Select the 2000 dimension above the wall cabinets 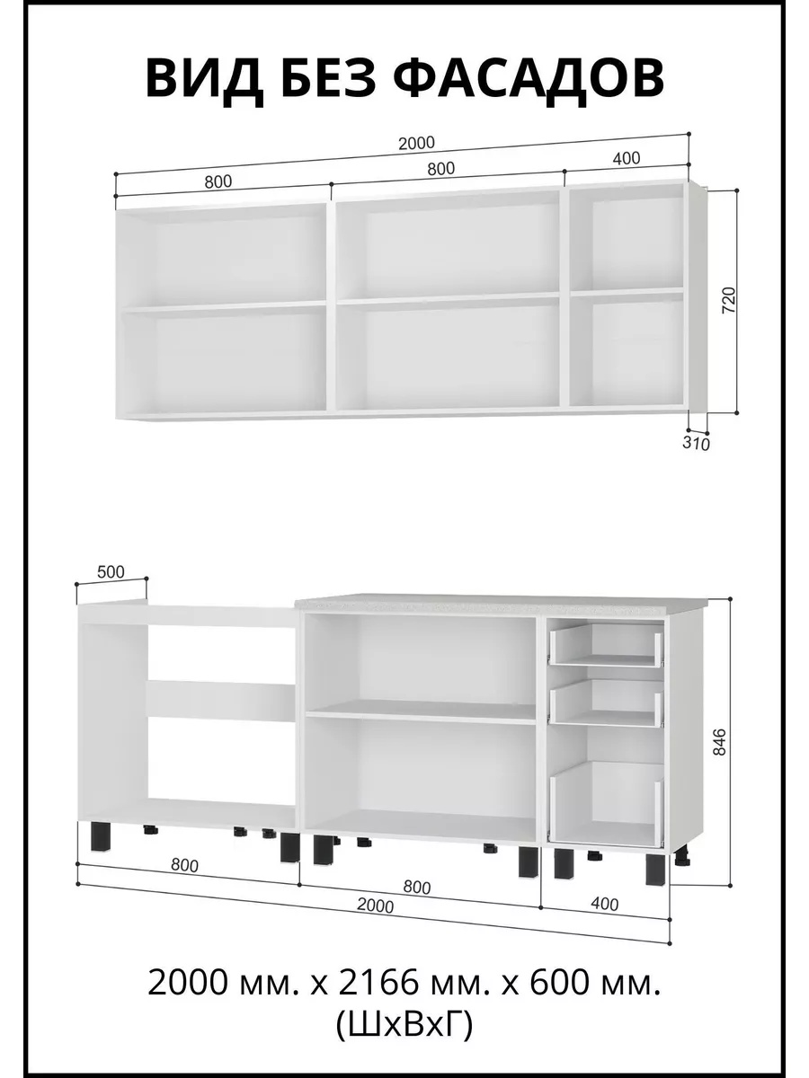pyautogui.click(x=416, y=143)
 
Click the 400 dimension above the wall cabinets pyautogui.click(x=627, y=157)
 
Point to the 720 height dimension pyautogui.click(x=729, y=301)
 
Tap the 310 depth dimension pyautogui.click(x=696, y=443)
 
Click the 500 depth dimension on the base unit pyautogui.click(x=111, y=571)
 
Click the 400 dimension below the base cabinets pyautogui.click(x=605, y=903)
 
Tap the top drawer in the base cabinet pyautogui.click(x=606, y=644)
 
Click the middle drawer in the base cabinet pyautogui.click(x=606, y=702)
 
